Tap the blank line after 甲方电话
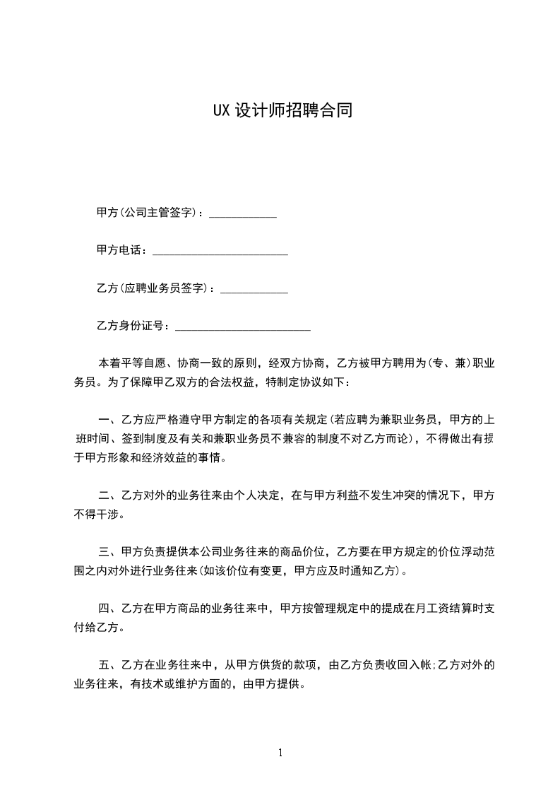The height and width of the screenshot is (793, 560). point(220,254)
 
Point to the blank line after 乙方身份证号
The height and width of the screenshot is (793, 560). point(242,329)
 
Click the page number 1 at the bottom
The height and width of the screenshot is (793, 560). point(280,753)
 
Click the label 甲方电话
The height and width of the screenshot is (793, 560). point(121,250)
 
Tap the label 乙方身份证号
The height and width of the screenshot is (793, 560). point(132,326)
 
